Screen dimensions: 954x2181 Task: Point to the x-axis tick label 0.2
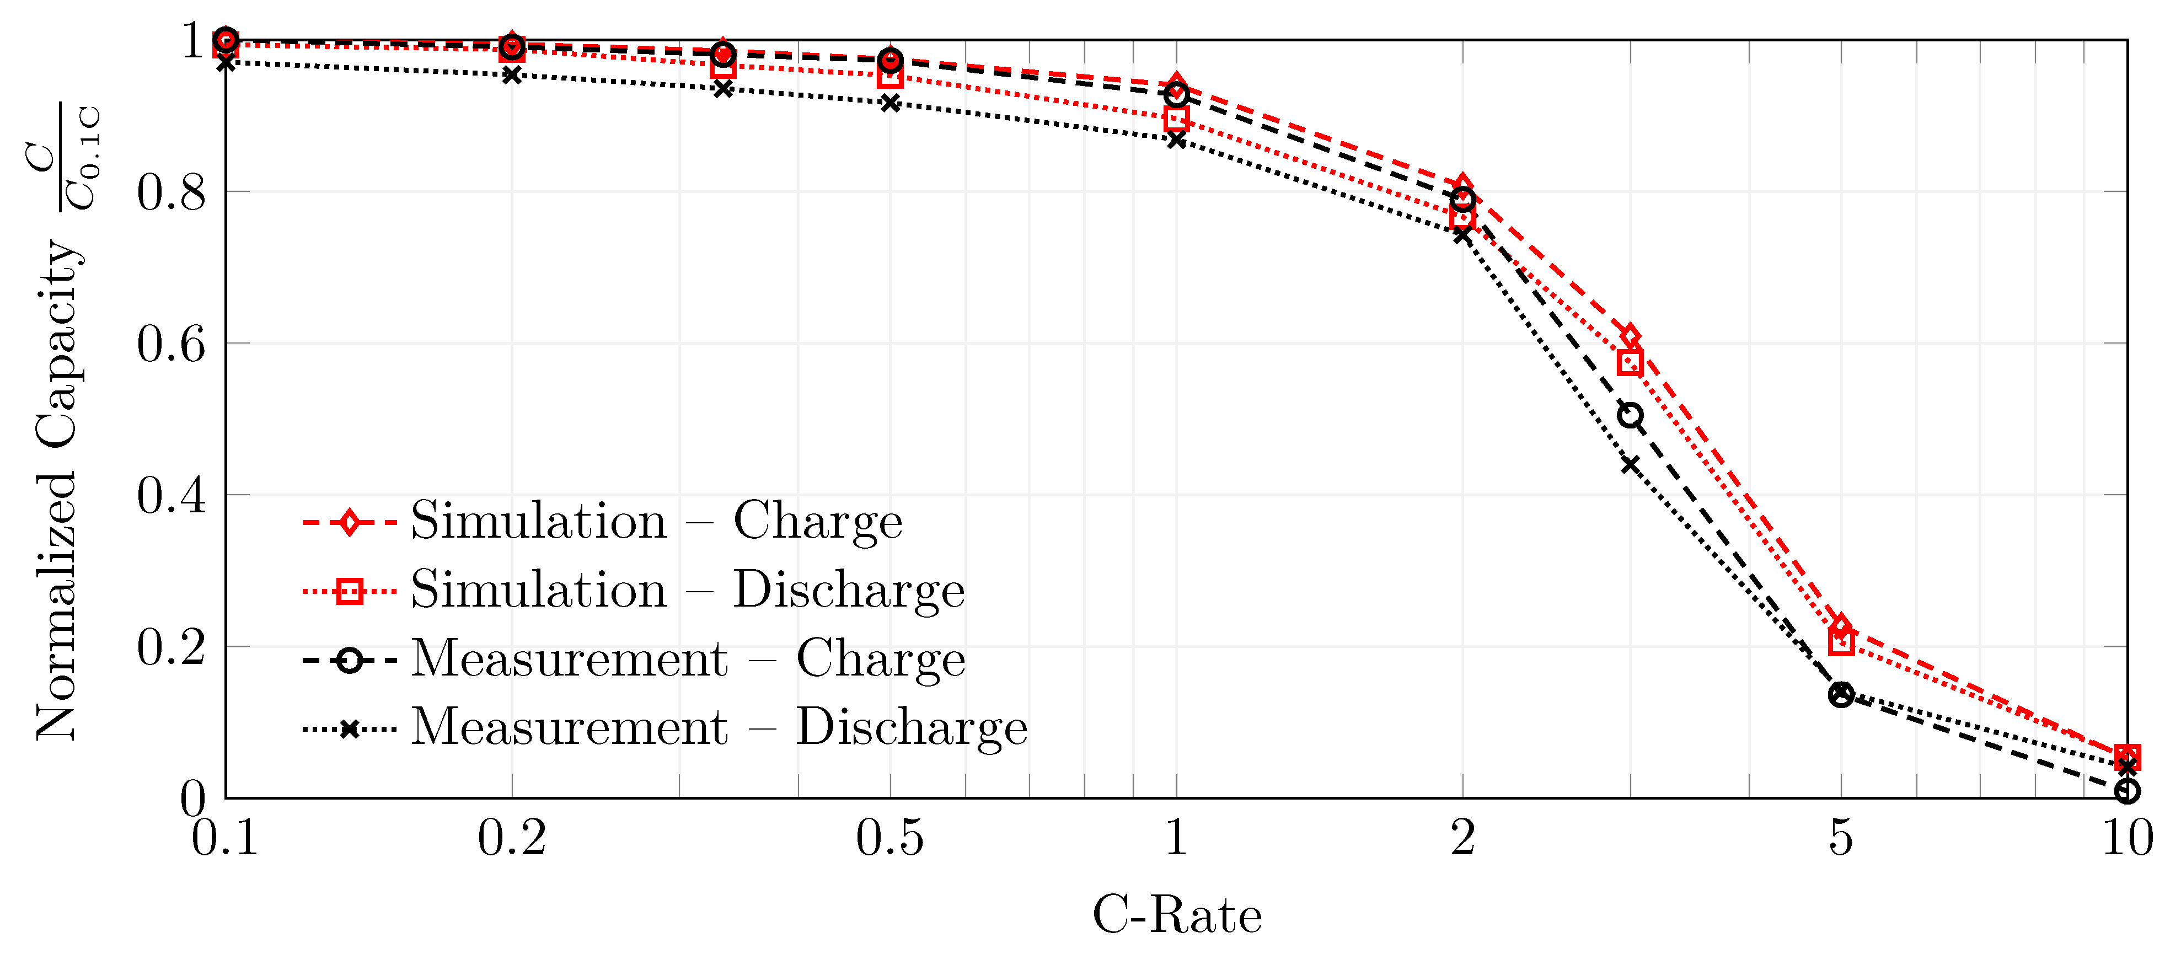[511, 838]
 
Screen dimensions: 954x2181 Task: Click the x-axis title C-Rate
[1176, 915]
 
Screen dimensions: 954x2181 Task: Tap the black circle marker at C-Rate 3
[1630, 416]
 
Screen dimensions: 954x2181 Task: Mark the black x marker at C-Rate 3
[1630, 465]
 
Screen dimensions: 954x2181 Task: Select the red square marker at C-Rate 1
[1176, 119]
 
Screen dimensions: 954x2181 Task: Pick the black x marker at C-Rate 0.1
[225, 63]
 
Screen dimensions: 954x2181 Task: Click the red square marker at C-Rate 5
[1841, 642]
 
